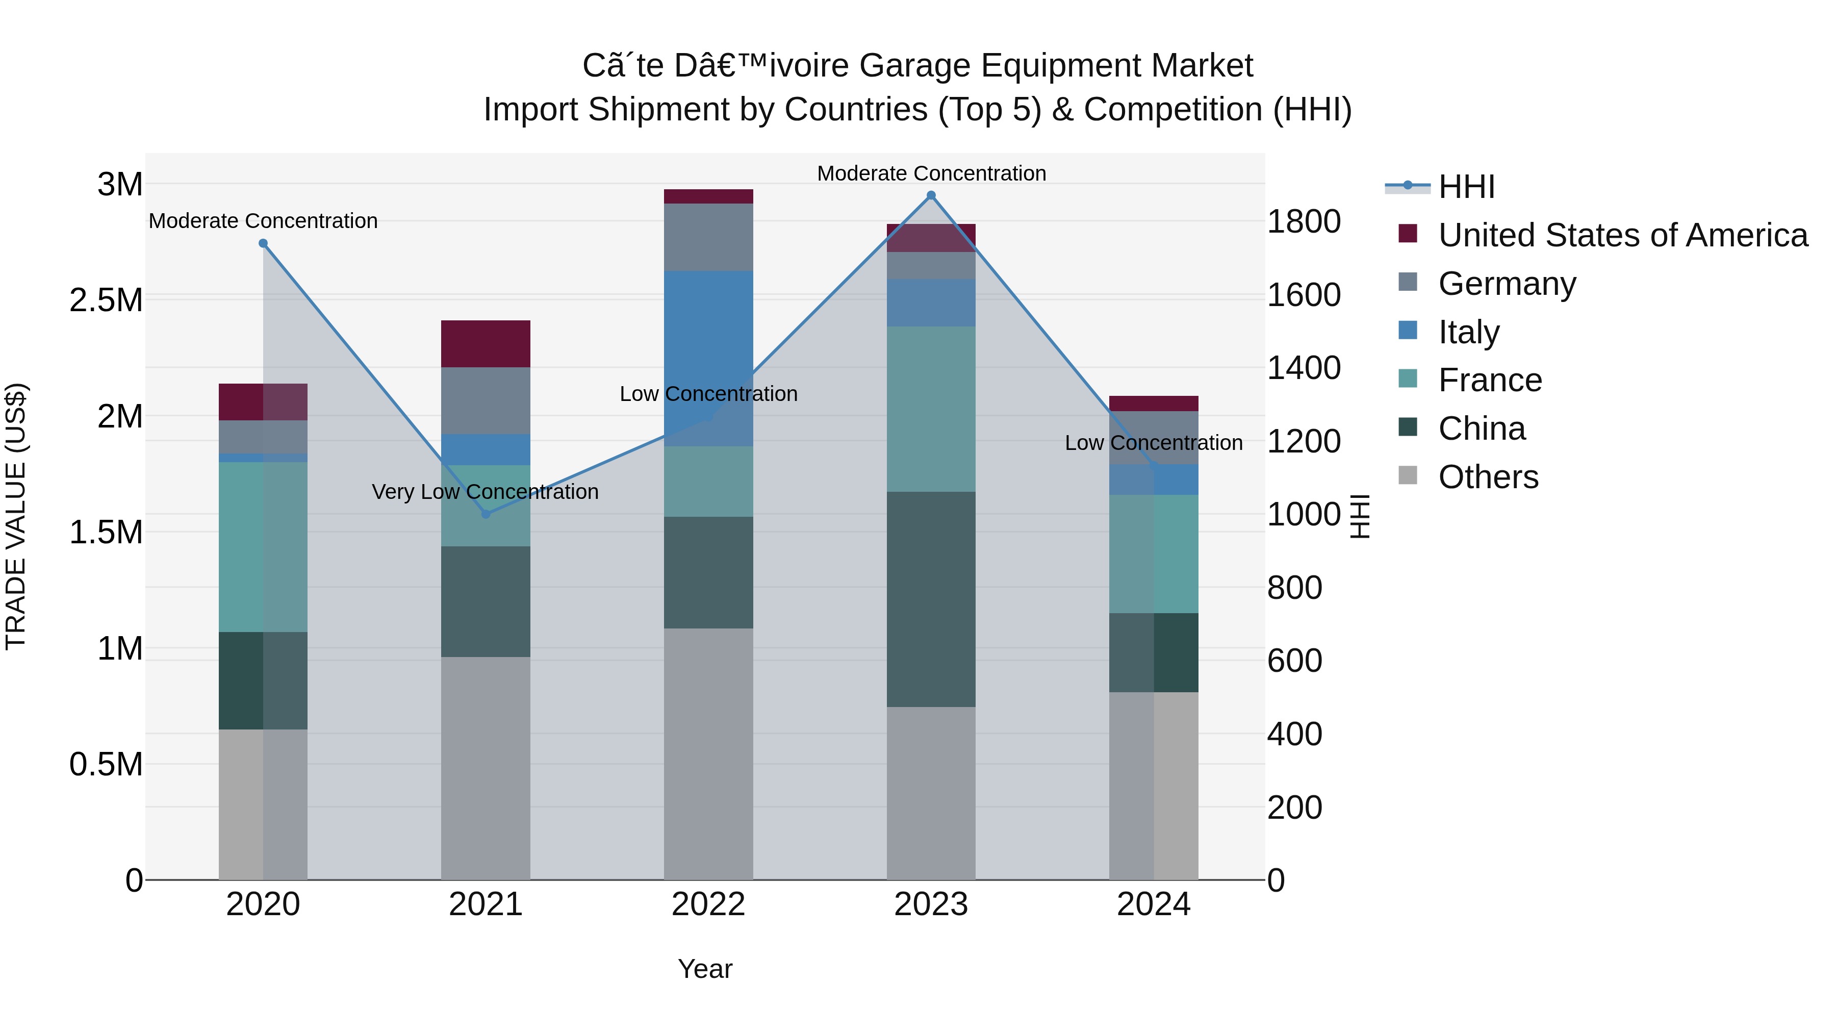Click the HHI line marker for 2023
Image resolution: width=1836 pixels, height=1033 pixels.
tap(931, 195)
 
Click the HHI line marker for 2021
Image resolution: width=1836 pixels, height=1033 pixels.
tap(486, 514)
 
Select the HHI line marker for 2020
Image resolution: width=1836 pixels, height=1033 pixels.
tap(263, 243)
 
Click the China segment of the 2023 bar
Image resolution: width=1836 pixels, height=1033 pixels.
tap(931, 599)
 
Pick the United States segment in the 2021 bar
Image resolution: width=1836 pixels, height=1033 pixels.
tap(486, 344)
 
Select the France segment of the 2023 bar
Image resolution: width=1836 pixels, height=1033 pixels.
tap(931, 409)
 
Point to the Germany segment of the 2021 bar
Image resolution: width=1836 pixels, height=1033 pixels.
tap(486, 400)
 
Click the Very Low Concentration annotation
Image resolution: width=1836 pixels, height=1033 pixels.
tap(486, 492)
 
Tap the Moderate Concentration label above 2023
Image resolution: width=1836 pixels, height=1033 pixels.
tap(931, 173)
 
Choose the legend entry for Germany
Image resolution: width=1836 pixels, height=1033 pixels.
tap(1507, 284)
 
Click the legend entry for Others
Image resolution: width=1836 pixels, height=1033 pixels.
tap(1488, 477)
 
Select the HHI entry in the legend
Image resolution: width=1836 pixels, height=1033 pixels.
tap(1466, 187)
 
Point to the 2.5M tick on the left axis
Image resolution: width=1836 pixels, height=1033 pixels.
tap(106, 300)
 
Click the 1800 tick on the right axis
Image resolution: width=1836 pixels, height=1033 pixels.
tap(1303, 222)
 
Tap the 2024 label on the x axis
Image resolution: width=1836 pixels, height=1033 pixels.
tap(1153, 904)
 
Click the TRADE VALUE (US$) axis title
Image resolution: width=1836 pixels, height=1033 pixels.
tap(16, 516)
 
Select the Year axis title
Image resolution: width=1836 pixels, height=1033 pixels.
tap(705, 969)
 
